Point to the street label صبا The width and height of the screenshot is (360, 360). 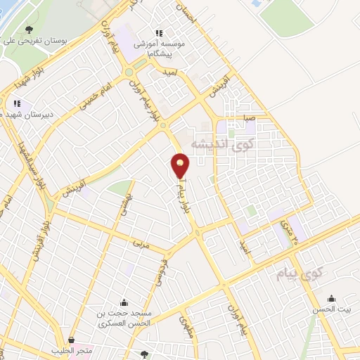coord(247,118)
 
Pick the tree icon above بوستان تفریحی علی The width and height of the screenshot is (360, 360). coord(29,30)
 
